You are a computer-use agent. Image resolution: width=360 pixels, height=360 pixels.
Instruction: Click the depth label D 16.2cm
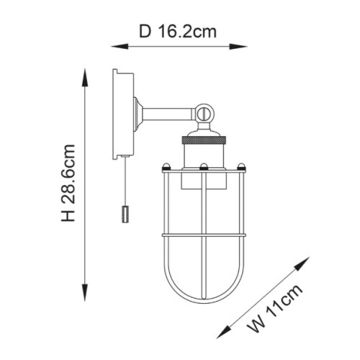178,32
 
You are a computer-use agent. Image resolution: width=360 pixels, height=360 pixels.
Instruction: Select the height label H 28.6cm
68,183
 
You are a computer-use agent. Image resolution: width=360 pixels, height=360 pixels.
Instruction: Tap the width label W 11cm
275,308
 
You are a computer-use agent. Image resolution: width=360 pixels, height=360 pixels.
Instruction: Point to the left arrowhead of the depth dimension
120,47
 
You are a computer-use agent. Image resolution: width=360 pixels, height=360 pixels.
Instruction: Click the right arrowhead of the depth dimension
238,47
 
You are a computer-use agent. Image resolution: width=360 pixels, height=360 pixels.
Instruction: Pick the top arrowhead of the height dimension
85,77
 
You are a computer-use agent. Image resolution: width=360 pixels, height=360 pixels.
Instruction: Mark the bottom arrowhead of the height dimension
85,292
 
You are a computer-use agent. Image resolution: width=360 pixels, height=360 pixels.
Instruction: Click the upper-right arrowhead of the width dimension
302,264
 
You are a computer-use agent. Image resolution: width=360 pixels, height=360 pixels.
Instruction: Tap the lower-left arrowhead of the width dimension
223,332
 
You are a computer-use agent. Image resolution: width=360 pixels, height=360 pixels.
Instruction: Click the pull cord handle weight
125,215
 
